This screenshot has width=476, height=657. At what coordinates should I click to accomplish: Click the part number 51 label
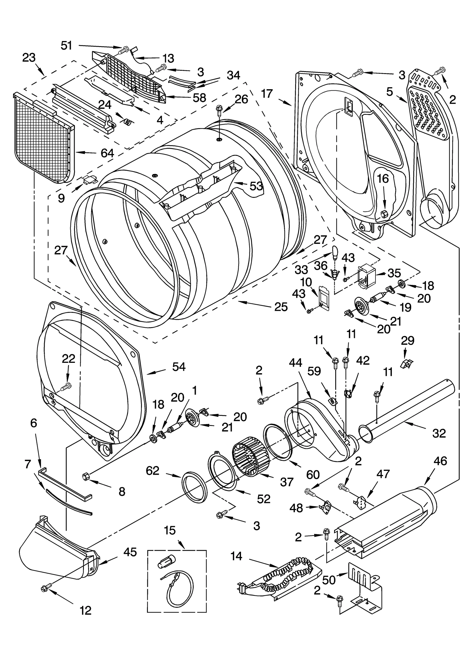point(67,46)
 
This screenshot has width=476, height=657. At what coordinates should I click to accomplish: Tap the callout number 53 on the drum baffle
point(256,186)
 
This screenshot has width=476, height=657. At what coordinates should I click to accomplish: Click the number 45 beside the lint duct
point(130,552)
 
